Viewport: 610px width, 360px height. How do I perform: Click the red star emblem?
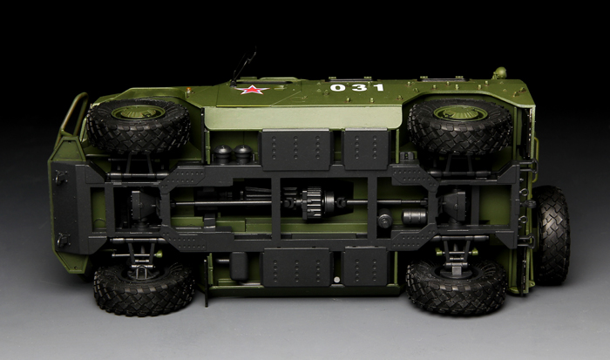(254, 90)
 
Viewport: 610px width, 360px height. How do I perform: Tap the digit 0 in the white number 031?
(337, 88)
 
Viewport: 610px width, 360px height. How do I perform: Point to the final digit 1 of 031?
(377, 87)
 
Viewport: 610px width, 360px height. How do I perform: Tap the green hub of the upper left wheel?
(138, 112)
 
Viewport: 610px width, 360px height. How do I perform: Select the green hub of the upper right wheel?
(460, 112)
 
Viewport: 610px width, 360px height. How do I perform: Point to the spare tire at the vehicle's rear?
(552, 234)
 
